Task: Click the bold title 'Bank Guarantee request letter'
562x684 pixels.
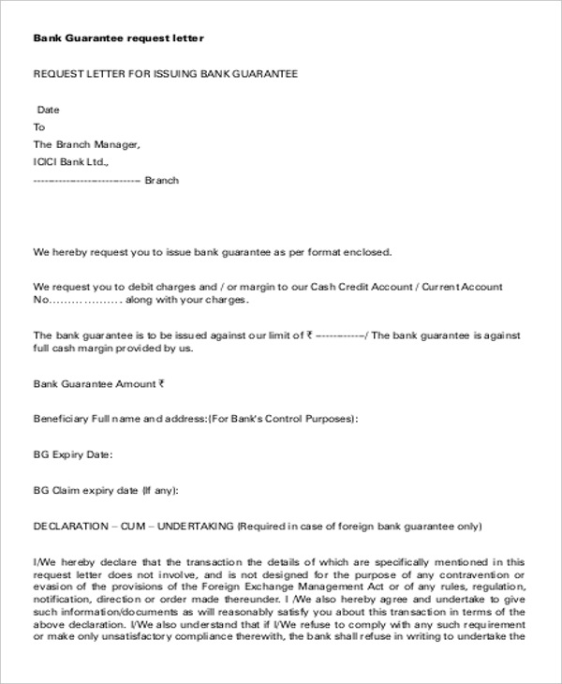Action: pyautogui.click(x=118, y=38)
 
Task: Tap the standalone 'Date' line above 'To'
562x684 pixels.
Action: pyautogui.click(x=48, y=110)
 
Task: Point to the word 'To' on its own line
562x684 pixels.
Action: pyautogui.click(x=39, y=126)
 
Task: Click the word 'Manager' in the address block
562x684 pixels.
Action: pyautogui.click(x=117, y=144)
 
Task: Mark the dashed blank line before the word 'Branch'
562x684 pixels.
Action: pyautogui.click(x=86, y=180)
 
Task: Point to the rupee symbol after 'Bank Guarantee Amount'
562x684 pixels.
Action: pyautogui.click(x=161, y=383)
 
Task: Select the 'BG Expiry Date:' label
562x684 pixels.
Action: pyautogui.click(x=73, y=454)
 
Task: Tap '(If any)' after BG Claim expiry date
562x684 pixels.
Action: pyautogui.click(x=159, y=490)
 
